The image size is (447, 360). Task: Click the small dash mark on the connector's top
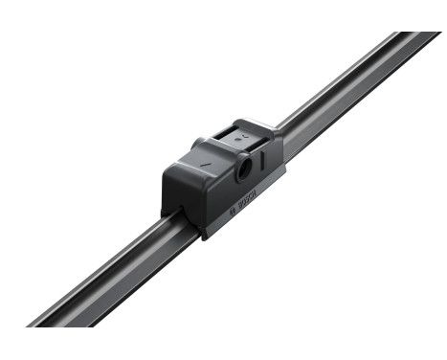(x=204, y=165)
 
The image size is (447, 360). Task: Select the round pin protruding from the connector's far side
(x=198, y=144)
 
